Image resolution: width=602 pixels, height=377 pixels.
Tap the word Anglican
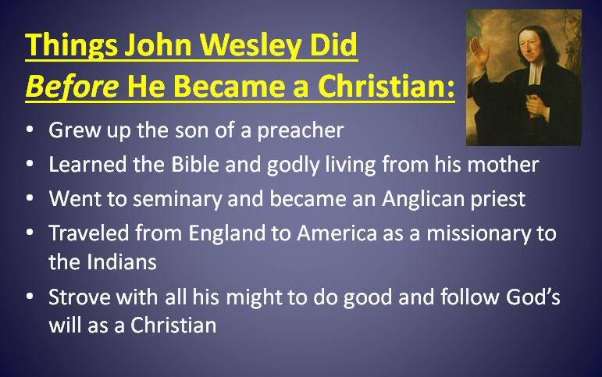(x=416, y=198)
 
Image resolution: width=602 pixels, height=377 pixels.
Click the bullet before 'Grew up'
(x=29, y=130)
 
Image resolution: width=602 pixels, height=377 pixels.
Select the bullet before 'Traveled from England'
(x=29, y=234)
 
